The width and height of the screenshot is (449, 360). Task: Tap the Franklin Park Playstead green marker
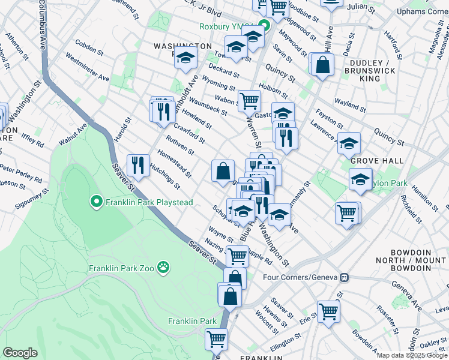(x=96, y=202)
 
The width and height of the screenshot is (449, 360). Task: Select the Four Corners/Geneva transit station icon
(x=345, y=277)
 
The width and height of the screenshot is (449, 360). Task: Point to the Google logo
(x=20, y=353)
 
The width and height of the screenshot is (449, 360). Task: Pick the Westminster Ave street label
(x=88, y=68)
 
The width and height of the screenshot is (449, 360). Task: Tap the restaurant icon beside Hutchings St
(x=139, y=166)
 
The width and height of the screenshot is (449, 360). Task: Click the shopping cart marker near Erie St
(x=328, y=311)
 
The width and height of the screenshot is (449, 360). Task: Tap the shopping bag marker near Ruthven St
(x=223, y=171)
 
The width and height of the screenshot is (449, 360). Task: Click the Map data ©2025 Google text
(x=411, y=355)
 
